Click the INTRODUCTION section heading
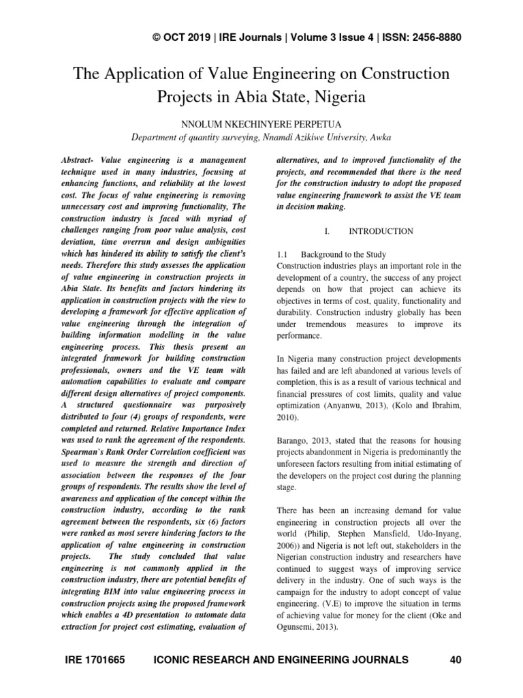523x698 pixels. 381,231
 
